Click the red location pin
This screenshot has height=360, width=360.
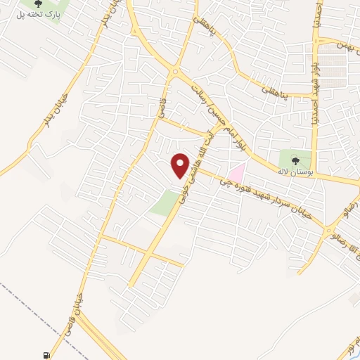click(x=181, y=166)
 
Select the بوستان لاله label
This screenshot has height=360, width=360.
click(x=293, y=172)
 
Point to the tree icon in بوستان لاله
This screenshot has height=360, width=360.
click(x=294, y=161)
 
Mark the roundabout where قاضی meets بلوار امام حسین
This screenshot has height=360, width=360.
click(x=174, y=71)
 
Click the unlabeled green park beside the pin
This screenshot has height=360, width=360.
click(x=164, y=203)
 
